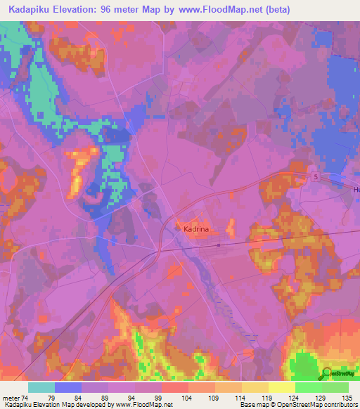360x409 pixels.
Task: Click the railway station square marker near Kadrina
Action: (219, 245)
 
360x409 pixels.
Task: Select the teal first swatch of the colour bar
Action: (41, 387)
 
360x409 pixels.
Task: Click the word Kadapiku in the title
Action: (30, 10)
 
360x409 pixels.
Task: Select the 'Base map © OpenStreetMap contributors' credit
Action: (297, 405)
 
